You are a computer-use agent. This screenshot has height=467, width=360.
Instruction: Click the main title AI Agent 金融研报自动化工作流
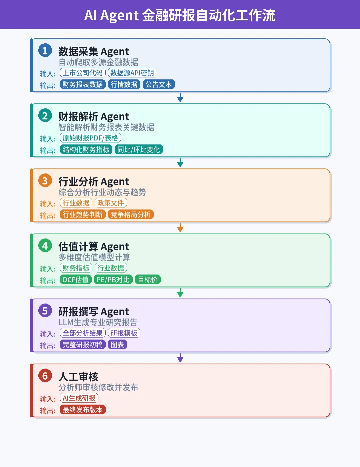[x=180, y=15]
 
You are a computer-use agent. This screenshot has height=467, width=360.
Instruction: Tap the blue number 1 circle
[x=45, y=50]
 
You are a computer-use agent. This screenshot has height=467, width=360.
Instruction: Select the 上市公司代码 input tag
[x=83, y=73]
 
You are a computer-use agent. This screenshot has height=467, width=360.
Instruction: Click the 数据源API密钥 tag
[x=132, y=73]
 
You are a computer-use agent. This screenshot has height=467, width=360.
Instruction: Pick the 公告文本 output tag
[x=159, y=84]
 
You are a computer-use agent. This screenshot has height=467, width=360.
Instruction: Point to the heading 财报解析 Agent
[x=94, y=116]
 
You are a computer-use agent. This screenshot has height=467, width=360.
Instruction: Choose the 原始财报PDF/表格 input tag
[x=90, y=138]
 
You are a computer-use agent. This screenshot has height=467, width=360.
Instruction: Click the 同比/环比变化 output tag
[x=139, y=149]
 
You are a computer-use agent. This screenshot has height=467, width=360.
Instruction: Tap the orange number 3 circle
[x=45, y=180]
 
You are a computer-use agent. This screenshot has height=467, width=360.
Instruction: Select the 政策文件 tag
[x=111, y=203]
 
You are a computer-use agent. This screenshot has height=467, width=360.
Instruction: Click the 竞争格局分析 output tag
[x=131, y=214]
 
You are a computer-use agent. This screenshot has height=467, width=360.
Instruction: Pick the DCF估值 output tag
[x=76, y=280]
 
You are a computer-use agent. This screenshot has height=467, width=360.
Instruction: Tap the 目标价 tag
[x=148, y=280]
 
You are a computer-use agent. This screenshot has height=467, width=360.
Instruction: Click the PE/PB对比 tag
[x=113, y=280]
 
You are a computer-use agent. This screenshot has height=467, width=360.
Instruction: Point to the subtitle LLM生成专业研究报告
[x=98, y=322]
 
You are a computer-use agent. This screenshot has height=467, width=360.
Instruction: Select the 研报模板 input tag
[x=124, y=333]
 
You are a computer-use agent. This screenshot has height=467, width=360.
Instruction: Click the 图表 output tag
[x=117, y=345]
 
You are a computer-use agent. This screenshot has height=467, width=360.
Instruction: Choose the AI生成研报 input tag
[x=79, y=398]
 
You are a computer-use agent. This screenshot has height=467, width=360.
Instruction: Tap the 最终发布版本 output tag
[x=83, y=410]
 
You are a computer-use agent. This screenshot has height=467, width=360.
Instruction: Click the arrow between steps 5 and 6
[x=180, y=358]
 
